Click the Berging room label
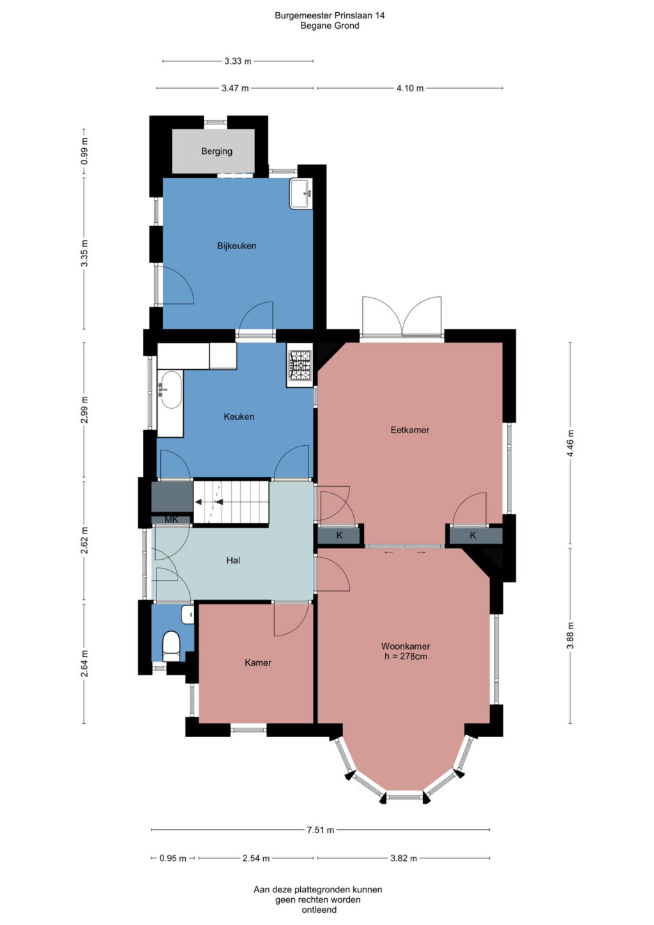(x=217, y=151)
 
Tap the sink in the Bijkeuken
(x=301, y=194)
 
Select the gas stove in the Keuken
(x=300, y=365)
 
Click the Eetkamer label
(x=409, y=430)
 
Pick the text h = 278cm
(x=406, y=656)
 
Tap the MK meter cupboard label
(x=171, y=519)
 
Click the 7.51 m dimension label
(x=321, y=830)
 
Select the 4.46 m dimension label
(x=570, y=443)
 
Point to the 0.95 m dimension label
(x=173, y=858)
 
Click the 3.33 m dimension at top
(x=238, y=61)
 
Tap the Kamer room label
(x=257, y=663)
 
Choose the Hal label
(x=233, y=560)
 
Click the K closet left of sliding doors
(x=339, y=535)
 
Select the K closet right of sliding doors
(x=473, y=535)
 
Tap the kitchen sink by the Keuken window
(x=170, y=390)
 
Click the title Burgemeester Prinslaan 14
(x=330, y=15)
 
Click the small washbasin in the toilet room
(x=187, y=615)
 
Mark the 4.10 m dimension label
(x=410, y=88)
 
